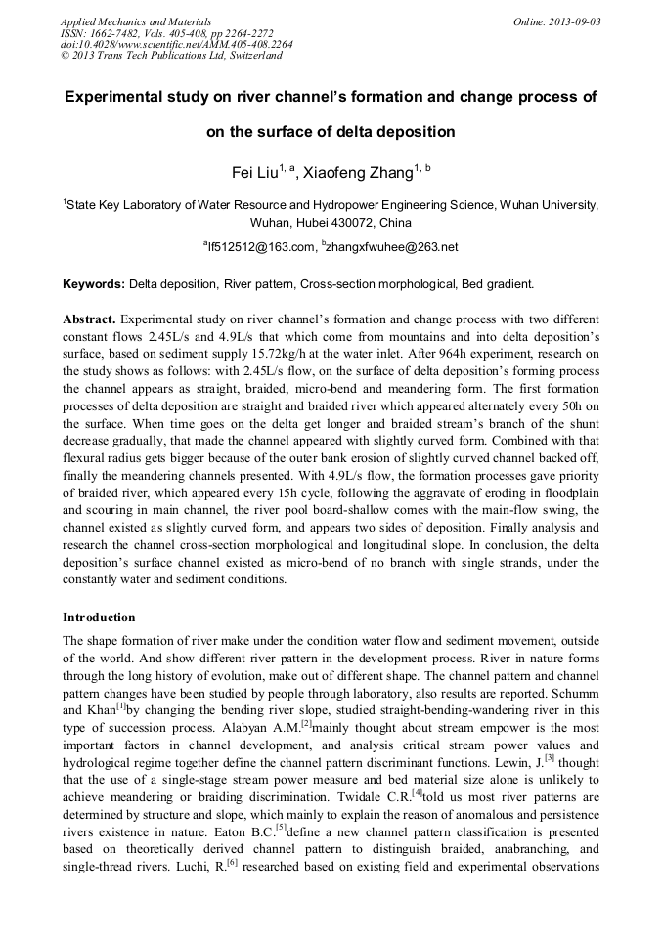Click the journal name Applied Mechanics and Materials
point(135,21)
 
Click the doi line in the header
point(176,44)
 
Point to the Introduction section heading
point(99,618)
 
